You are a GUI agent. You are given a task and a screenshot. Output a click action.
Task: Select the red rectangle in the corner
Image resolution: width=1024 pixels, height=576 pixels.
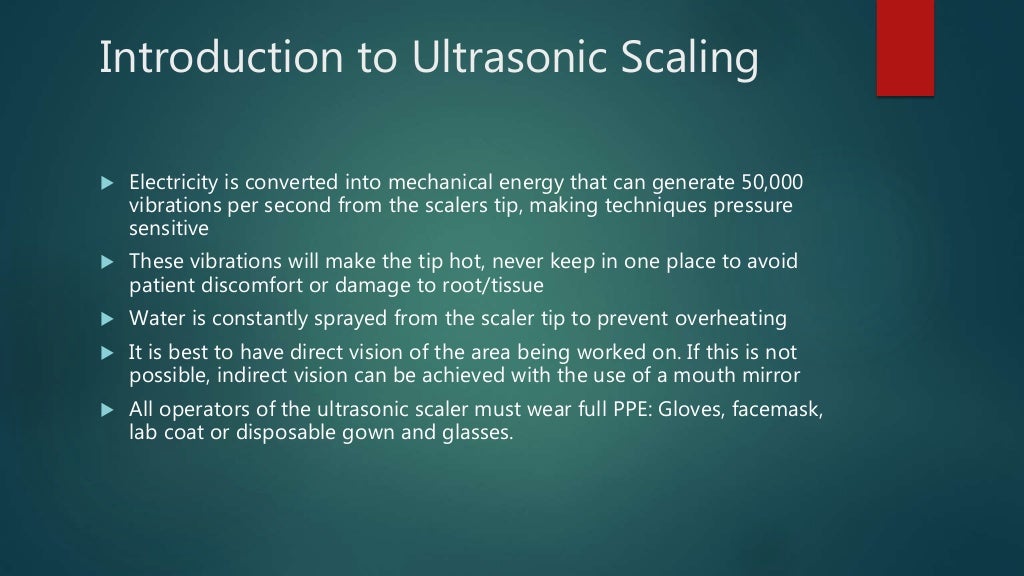(x=905, y=47)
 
